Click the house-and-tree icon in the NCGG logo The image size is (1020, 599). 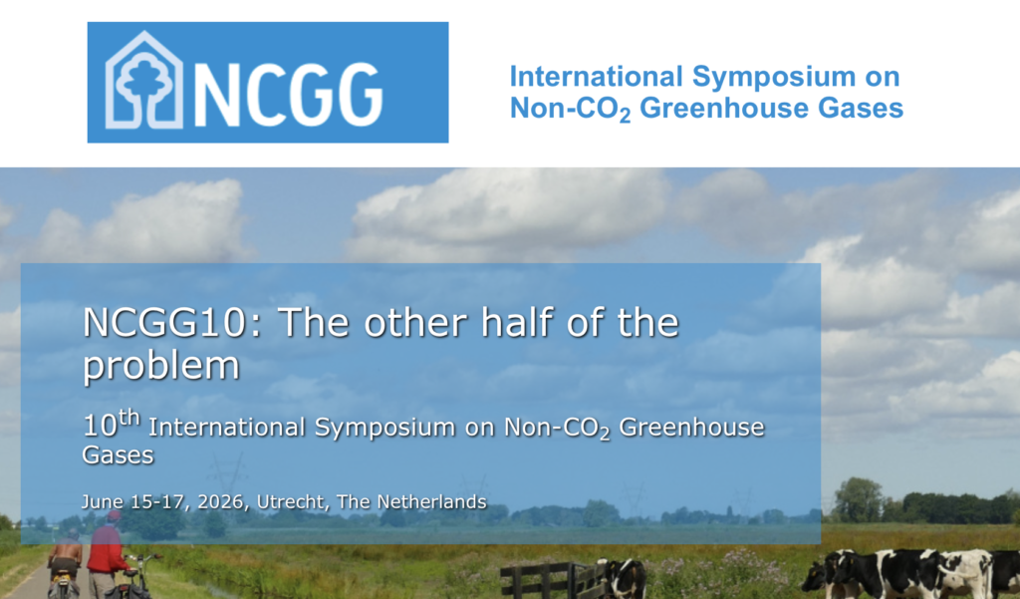143,80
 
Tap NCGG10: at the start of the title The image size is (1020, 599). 171,322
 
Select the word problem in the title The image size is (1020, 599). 161,367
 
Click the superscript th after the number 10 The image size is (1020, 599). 129,418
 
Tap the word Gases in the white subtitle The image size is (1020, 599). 118,454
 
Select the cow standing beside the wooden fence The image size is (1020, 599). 624,579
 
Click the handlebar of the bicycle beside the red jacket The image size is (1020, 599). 143,558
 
